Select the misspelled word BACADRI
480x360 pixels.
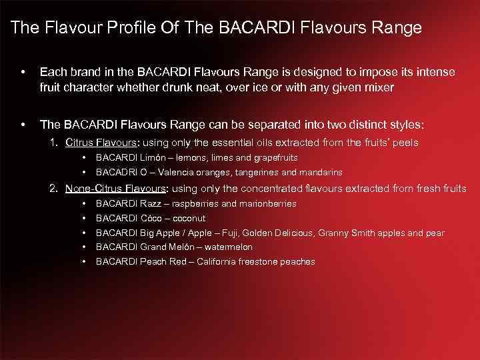point(117,172)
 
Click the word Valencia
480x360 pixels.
point(179,172)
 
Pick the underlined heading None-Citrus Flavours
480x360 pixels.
point(115,189)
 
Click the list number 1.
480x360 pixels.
point(54,142)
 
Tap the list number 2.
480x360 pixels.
point(54,189)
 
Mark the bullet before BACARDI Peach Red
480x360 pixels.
point(84,261)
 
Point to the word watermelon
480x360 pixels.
point(229,247)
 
